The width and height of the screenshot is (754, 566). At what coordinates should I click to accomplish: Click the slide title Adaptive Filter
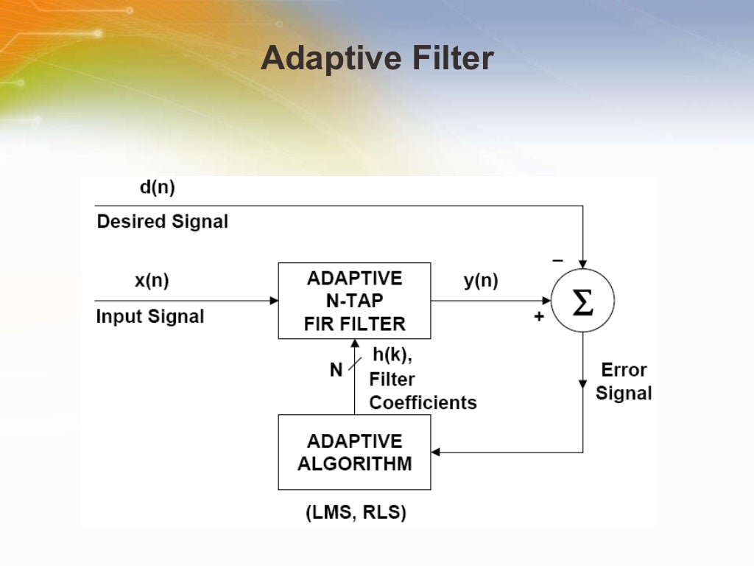coord(377,58)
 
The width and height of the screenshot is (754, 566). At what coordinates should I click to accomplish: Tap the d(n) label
coord(157,187)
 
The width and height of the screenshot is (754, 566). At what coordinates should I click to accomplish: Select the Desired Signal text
coord(163,221)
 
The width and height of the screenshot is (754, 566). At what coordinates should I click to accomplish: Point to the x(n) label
coord(152,280)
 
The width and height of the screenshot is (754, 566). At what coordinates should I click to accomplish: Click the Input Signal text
coord(150,317)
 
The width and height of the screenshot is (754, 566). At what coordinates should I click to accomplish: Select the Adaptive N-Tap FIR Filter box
coord(354,301)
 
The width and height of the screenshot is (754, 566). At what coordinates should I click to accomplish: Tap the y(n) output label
coord(480,280)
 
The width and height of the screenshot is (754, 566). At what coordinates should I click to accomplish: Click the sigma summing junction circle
coord(582,301)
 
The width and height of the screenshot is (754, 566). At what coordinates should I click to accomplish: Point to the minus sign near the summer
coord(557,260)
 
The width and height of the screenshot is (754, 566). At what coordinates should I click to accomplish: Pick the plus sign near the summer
coord(539,316)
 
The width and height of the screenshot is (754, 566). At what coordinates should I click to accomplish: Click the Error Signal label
coord(624,381)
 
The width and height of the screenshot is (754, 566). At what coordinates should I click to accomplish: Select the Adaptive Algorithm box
coord(354,452)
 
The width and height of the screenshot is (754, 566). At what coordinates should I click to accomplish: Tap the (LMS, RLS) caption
coord(356,513)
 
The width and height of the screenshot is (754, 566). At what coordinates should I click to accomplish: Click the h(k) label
coord(392,355)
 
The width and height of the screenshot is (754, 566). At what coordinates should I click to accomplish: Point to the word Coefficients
coord(423,403)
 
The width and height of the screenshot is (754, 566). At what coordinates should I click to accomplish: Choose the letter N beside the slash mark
coord(336,370)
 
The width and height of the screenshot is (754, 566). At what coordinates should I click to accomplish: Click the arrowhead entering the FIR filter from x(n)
coord(274,301)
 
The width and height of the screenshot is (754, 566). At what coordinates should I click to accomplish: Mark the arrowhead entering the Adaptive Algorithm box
coord(436,452)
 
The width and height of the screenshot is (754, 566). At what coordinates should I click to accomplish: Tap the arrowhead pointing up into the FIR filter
coord(354,344)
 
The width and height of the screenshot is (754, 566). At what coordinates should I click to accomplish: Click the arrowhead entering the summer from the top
coord(582,264)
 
